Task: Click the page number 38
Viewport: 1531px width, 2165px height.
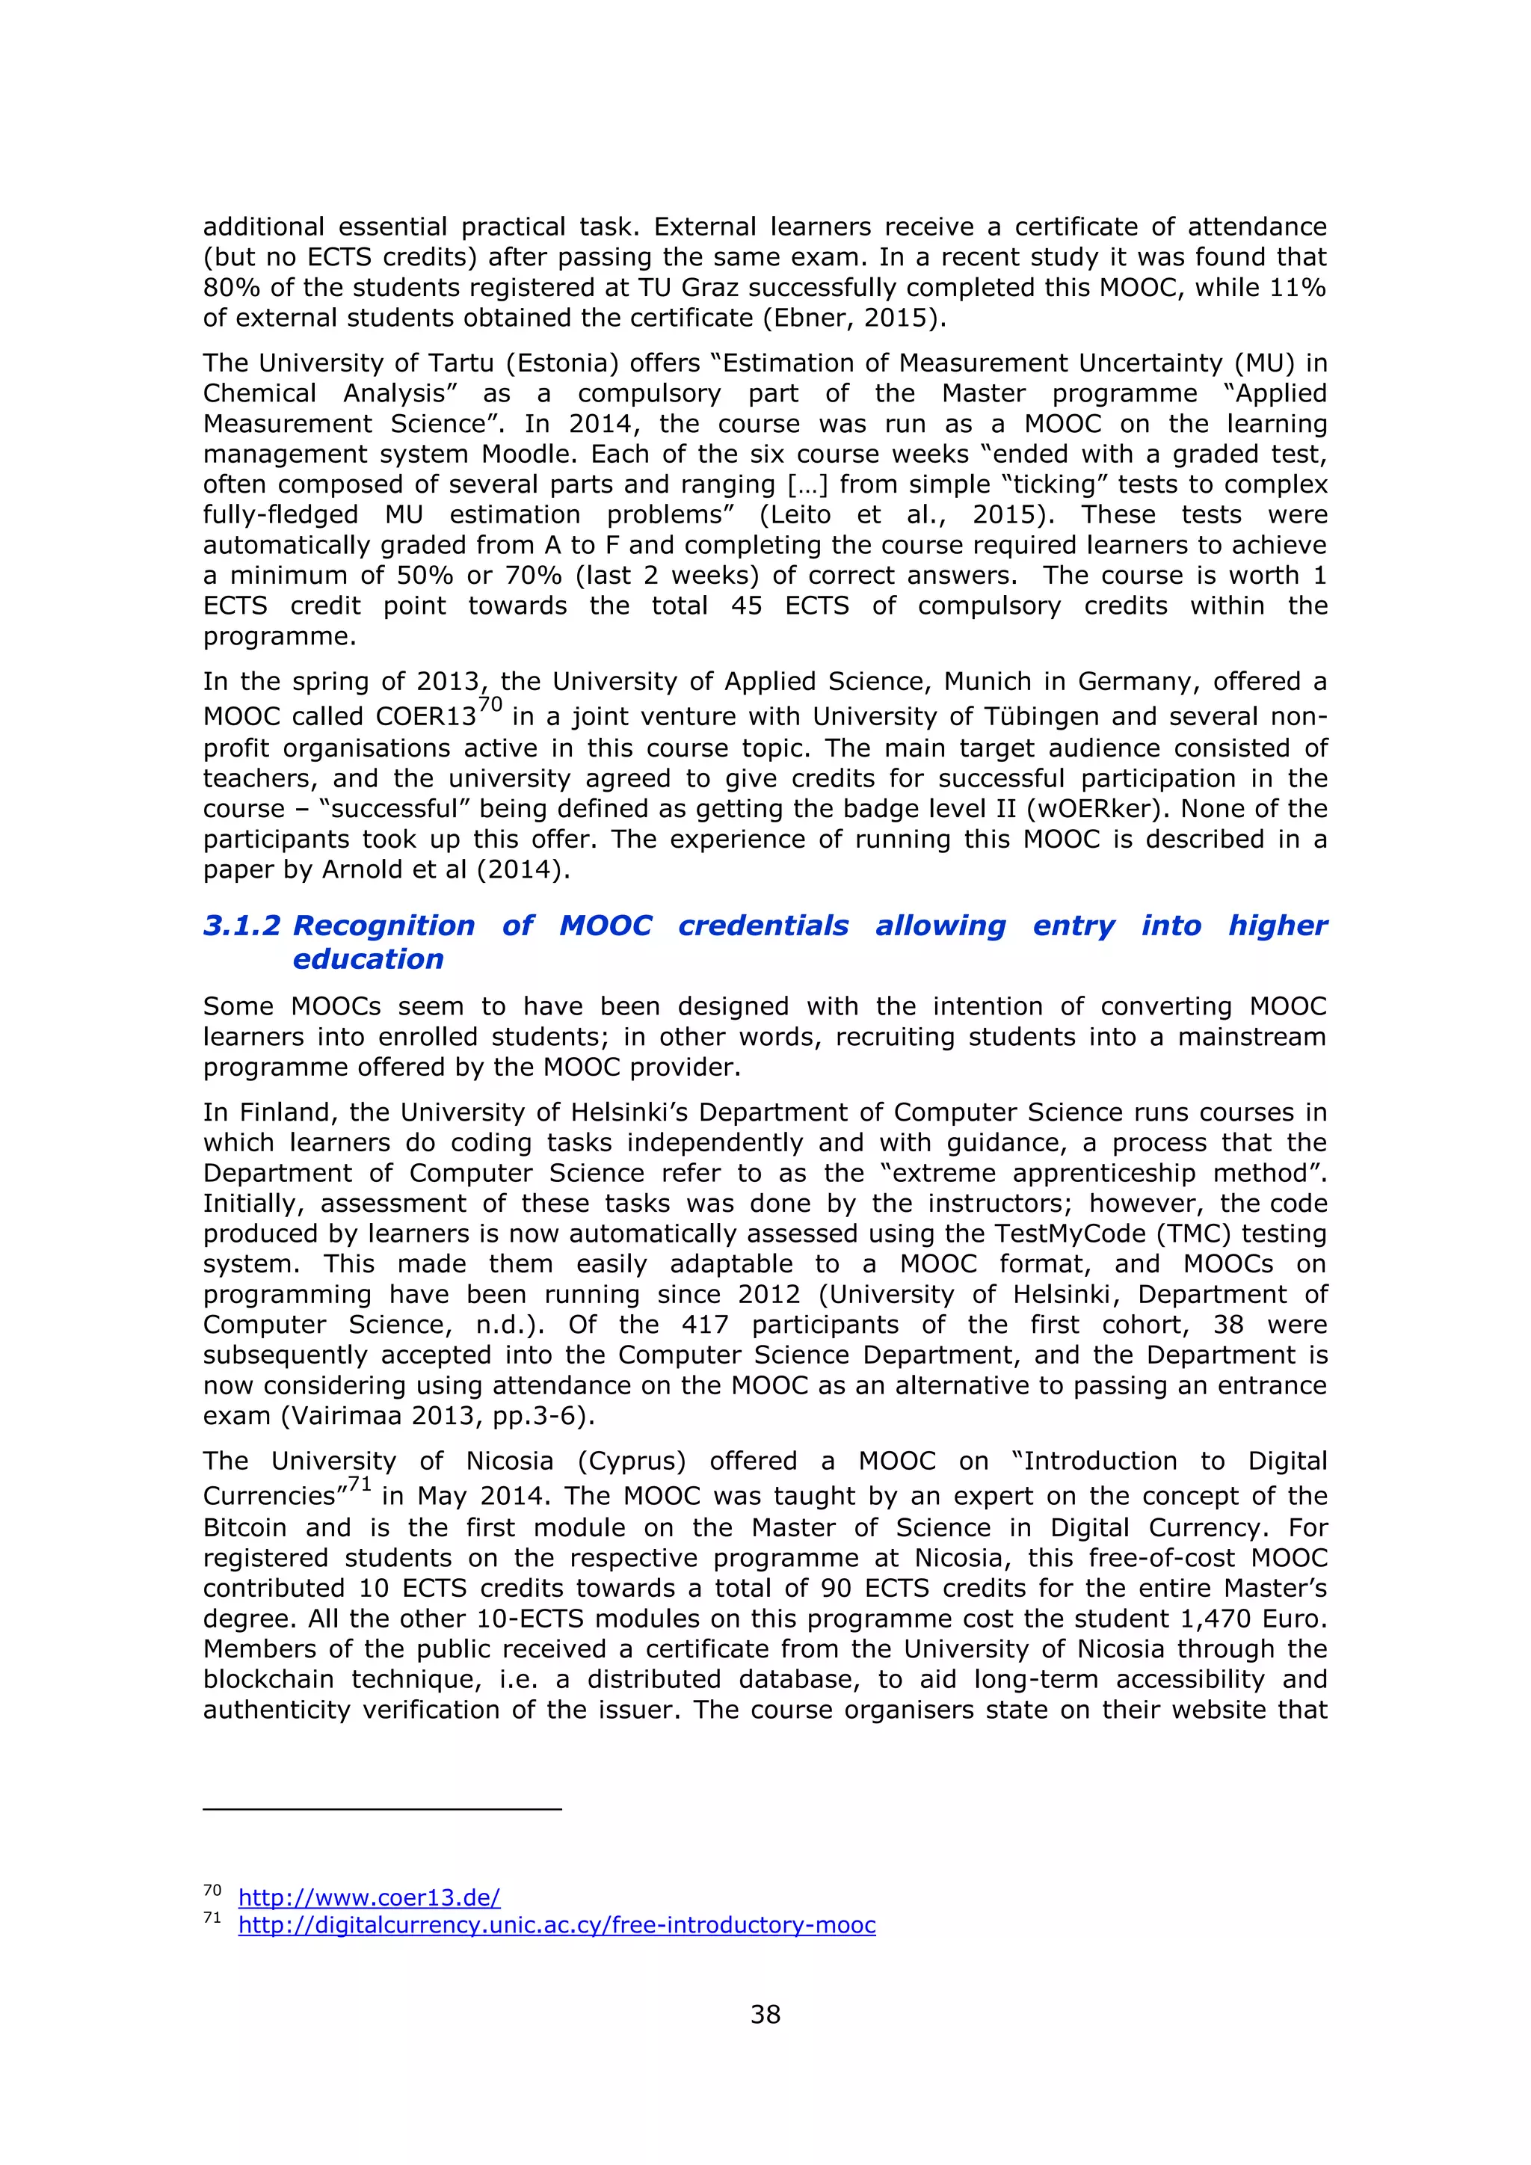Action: pyautogui.click(x=765, y=2014)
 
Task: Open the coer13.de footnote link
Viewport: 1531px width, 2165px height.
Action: pyautogui.click(x=369, y=1897)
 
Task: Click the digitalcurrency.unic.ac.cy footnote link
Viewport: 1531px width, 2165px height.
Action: pyautogui.click(x=556, y=1924)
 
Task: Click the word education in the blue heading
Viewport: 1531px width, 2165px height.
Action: pyautogui.click(x=368, y=959)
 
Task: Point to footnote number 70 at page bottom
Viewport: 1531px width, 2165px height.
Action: pyautogui.click(x=212, y=1891)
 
